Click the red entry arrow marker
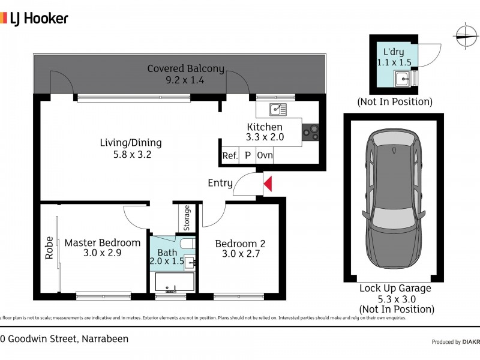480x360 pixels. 268,184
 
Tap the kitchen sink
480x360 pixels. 278,110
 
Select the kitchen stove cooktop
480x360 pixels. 310,132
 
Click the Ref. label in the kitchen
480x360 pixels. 230,155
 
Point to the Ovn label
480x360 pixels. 265,155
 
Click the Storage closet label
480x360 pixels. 187,218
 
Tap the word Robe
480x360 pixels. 49,248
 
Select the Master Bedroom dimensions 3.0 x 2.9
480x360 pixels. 102,253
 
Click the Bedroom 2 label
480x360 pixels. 241,244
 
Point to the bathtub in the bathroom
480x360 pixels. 175,282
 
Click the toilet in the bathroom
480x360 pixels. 187,244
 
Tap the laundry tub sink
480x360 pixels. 403,79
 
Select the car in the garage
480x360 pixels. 394,199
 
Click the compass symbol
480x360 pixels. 466,36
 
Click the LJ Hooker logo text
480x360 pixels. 39,19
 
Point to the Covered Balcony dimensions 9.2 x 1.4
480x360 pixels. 185,80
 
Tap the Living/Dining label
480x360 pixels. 131,143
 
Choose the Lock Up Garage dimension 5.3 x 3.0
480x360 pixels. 397,299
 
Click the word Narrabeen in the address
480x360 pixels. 105,339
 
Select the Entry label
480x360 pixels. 220,183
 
